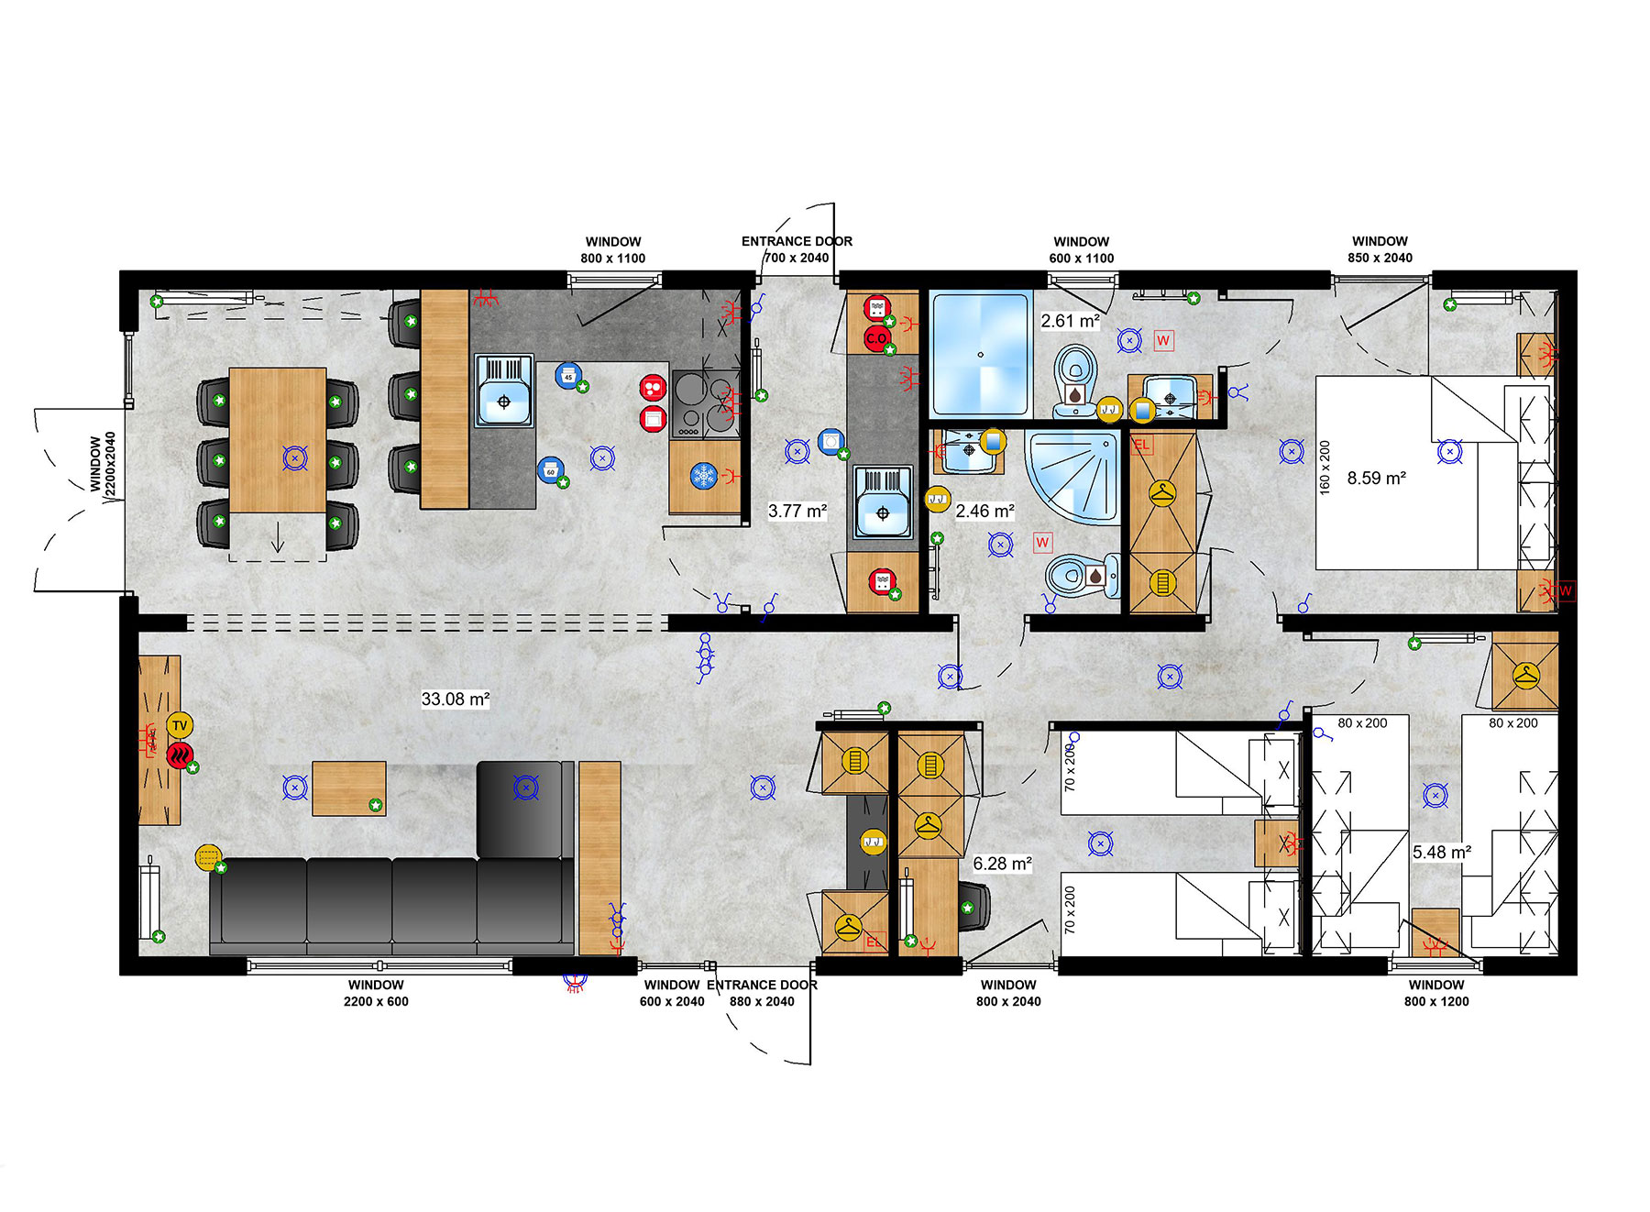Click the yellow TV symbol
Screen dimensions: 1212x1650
[180, 725]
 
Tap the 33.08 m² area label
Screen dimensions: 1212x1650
[455, 699]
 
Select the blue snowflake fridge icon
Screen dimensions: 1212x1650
[703, 475]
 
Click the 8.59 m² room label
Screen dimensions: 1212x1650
[1376, 478]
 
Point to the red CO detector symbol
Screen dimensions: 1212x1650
[876, 337]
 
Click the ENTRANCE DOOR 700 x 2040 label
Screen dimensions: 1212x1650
[797, 249]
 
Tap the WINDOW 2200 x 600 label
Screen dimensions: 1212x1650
[376, 993]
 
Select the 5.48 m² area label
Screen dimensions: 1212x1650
[1441, 852]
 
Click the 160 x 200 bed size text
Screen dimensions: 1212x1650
[1325, 468]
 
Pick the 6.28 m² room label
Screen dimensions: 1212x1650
[1002, 864]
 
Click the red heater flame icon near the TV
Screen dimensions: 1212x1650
[180, 755]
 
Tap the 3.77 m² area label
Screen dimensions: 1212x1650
[797, 511]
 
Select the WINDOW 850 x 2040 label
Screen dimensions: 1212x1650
[1380, 249]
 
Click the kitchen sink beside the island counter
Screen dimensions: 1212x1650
[503, 391]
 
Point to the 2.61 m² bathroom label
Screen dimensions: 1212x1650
[1070, 321]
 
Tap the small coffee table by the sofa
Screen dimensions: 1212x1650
[348, 788]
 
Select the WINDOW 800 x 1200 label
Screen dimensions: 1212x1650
[1435, 993]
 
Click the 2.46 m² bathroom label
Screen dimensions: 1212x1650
[984, 511]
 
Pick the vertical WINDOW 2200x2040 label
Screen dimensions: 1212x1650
[103, 464]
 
